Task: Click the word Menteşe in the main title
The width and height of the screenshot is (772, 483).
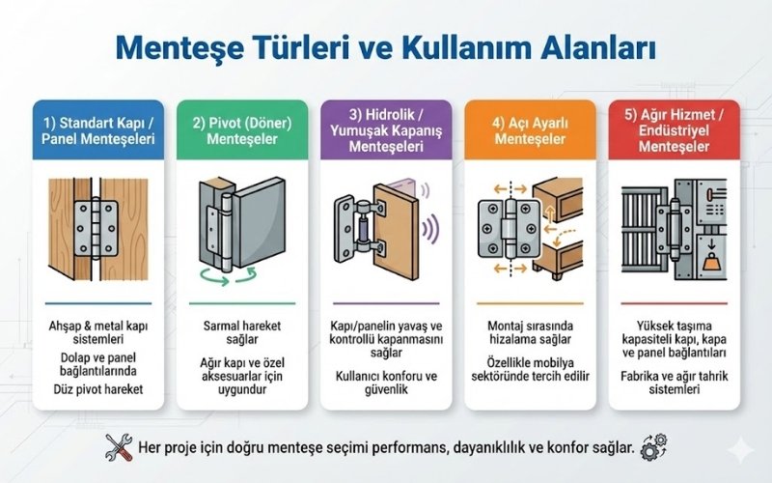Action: pos(179,47)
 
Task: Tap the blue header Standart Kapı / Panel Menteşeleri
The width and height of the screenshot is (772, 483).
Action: pos(98,130)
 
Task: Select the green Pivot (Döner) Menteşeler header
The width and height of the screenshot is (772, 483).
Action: pos(242,130)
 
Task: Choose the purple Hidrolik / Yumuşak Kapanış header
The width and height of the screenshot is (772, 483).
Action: pos(386,130)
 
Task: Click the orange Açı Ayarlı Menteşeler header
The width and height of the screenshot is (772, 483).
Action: pos(530,130)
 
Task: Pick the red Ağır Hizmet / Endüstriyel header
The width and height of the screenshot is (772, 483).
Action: pos(674,130)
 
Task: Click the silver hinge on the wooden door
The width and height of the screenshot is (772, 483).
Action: pos(96,228)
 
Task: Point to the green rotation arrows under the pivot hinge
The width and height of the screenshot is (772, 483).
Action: pos(229,276)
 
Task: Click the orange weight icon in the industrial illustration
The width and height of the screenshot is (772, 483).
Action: pos(711,261)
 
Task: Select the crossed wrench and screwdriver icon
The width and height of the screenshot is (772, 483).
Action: pos(119,447)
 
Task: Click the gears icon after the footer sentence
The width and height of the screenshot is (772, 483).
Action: pos(654,447)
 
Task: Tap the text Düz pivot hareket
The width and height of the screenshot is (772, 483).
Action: pos(98,389)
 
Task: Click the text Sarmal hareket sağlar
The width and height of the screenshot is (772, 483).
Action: pos(242,332)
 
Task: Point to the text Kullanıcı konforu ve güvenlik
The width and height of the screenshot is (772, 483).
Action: pos(387,383)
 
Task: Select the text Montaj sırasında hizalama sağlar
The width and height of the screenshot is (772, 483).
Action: pos(530,332)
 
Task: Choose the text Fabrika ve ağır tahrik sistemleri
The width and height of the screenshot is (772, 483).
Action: pos(674,383)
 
